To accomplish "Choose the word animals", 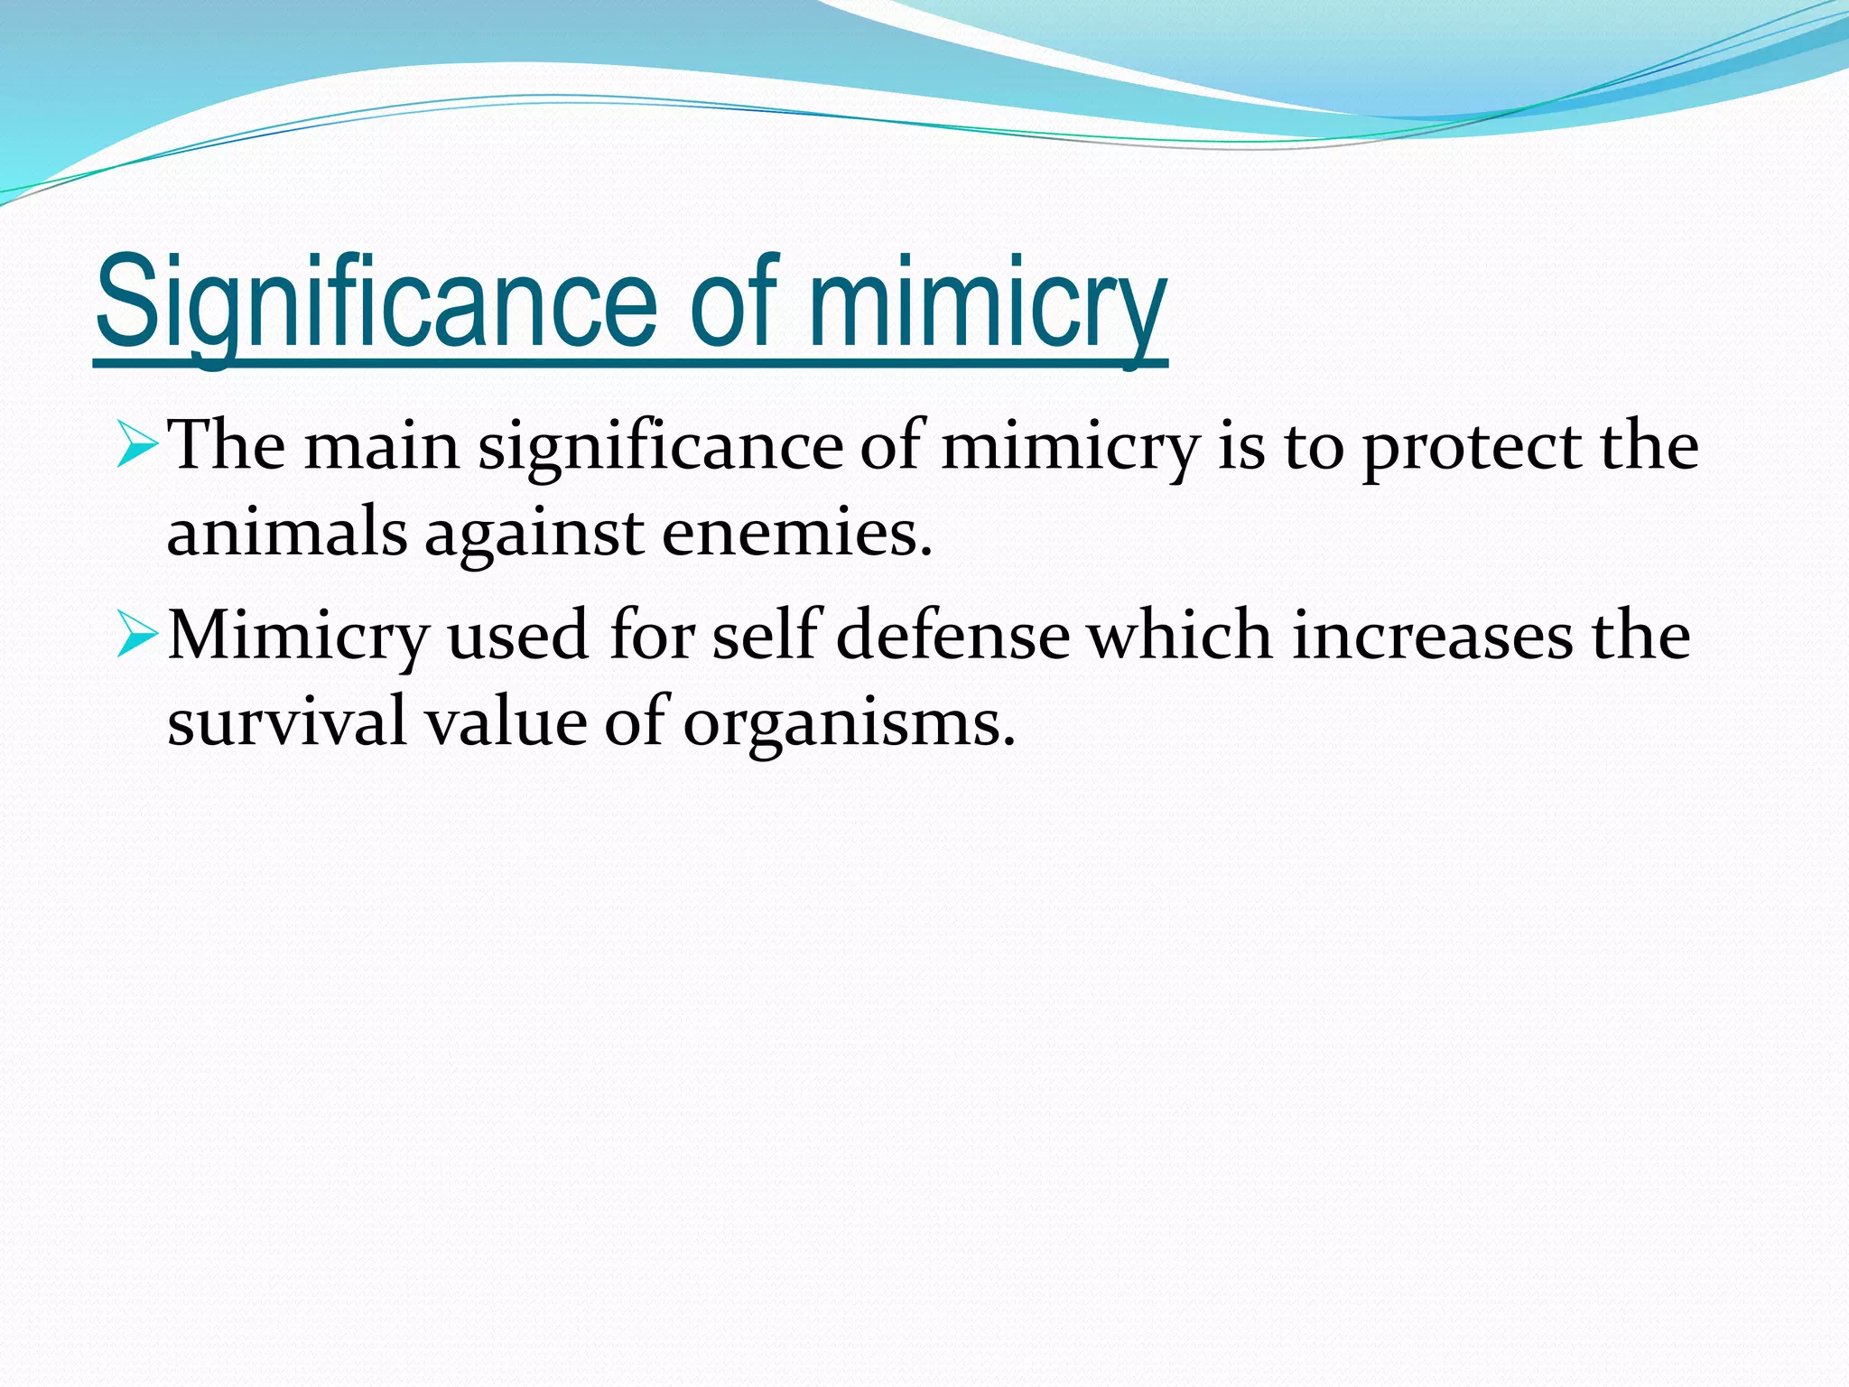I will click(x=287, y=532).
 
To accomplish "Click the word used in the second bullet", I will click(x=517, y=636).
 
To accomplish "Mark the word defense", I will click(x=952, y=634).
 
